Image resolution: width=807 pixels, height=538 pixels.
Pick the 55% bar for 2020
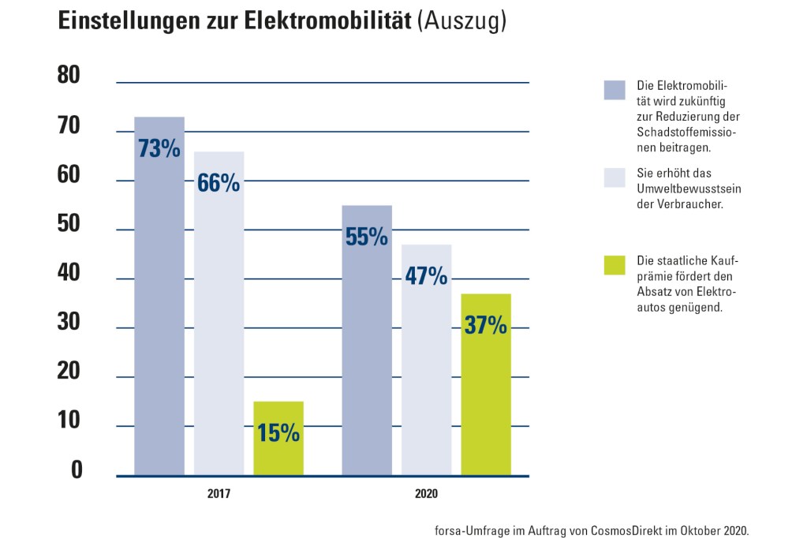[x=367, y=340]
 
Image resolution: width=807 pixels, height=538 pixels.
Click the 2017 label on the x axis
[x=219, y=495]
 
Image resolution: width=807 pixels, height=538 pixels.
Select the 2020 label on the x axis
[x=426, y=495]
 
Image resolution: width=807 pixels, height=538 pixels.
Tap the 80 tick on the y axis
[x=70, y=77]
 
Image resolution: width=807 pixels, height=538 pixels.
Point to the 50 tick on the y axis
[x=70, y=224]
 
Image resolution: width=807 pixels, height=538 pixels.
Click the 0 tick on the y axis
[x=77, y=469]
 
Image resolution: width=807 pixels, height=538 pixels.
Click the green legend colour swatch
[x=615, y=265]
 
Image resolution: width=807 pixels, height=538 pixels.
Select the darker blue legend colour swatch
[x=615, y=90]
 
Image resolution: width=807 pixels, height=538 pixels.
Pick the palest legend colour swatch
[x=615, y=177]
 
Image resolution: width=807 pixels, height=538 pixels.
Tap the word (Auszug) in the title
[x=462, y=22]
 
